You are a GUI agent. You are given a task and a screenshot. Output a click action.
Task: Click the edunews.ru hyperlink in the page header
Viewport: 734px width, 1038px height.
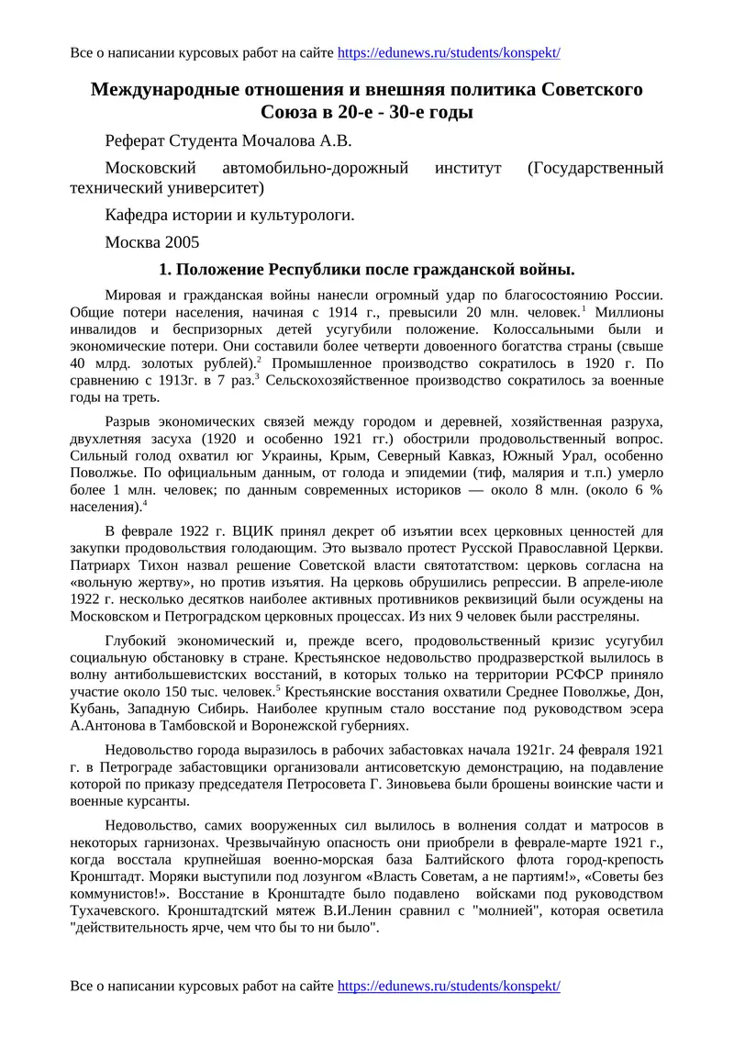coord(449,53)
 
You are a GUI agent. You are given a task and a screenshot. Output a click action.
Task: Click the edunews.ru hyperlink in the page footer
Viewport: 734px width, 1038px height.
coord(449,986)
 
